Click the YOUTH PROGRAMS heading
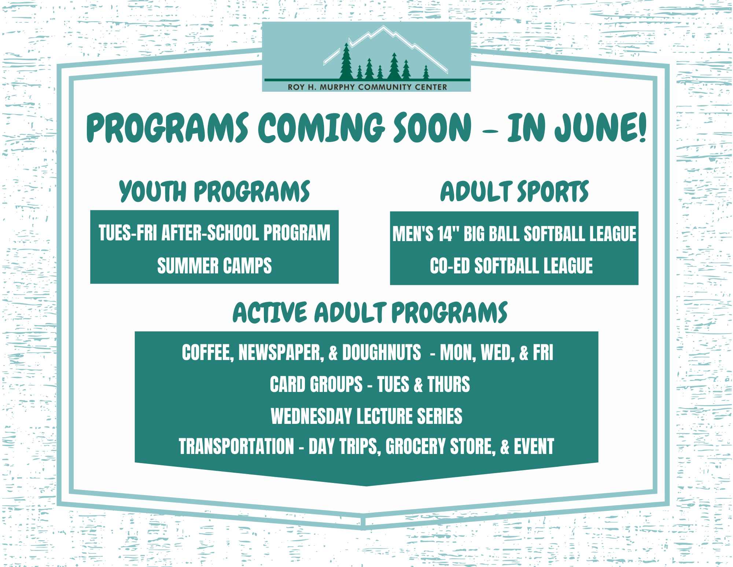215,191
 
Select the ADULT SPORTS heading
515,191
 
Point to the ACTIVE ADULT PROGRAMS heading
370,313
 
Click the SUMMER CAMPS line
214,266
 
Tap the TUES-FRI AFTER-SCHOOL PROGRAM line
214,233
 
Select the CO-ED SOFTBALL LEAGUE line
511,266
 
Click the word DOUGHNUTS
382,352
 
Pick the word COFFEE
208,353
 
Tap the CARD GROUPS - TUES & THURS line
370,384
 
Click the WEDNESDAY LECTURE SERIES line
366,416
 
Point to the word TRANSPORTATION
236,446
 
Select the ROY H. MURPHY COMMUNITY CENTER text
367,87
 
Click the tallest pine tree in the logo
346,61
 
